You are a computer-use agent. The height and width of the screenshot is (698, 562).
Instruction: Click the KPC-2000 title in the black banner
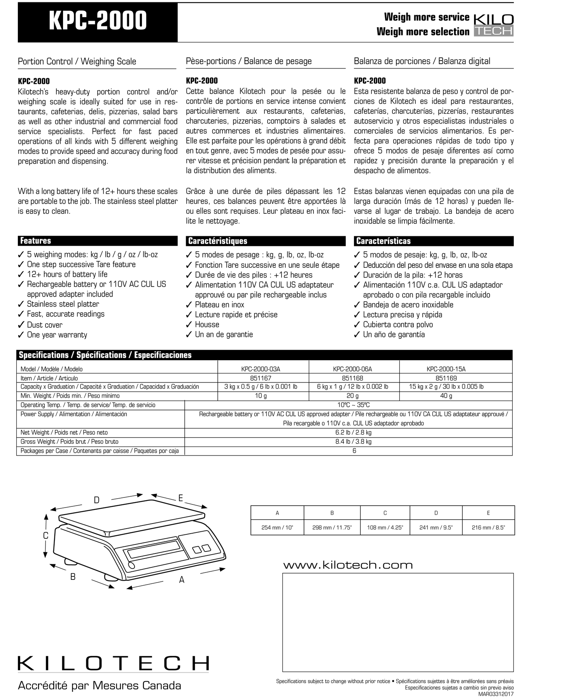pyautogui.click(x=98, y=21)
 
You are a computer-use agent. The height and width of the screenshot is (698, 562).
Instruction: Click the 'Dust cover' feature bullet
pyautogui.click(x=44, y=325)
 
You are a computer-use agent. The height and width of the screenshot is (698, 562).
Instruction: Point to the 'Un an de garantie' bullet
pyautogui.click(x=224, y=335)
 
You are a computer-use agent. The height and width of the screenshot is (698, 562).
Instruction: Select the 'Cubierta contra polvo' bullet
pyautogui.click(x=397, y=325)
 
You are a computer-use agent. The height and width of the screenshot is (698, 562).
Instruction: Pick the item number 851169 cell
pyautogui.click(x=446, y=378)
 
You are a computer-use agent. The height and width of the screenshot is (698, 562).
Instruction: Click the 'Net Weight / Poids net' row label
pyautogui.click(x=64, y=433)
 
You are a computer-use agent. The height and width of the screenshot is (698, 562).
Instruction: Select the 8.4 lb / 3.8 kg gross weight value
pyautogui.click(x=353, y=442)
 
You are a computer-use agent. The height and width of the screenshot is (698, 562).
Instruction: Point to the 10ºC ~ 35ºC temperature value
pyautogui.click(x=353, y=405)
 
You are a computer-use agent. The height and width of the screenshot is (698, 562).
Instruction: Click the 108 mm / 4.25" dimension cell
pyautogui.click(x=385, y=528)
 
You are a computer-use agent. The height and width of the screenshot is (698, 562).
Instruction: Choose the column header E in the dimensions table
pyautogui.click(x=488, y=513)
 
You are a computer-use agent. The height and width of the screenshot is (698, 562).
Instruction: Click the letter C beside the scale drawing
pyautogui.click(x=46, y=536)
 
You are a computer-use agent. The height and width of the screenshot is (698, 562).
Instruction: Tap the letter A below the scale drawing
pyautogui.click(x=182, y=580)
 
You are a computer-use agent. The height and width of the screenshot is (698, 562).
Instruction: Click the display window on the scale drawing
pyautogui.click(x=152, y=550)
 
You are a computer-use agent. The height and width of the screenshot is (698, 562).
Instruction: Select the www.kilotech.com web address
pyautogui.click(x=348, y=565)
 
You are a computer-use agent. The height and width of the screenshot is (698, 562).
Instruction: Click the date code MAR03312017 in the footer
pyautogui.click(x=495, y=694)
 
